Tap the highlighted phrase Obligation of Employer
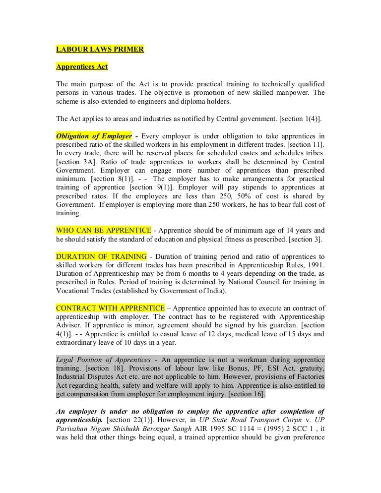pos(94,135)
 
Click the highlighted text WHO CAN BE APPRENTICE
pos(103,231)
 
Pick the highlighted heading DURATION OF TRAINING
pos(101,256)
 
